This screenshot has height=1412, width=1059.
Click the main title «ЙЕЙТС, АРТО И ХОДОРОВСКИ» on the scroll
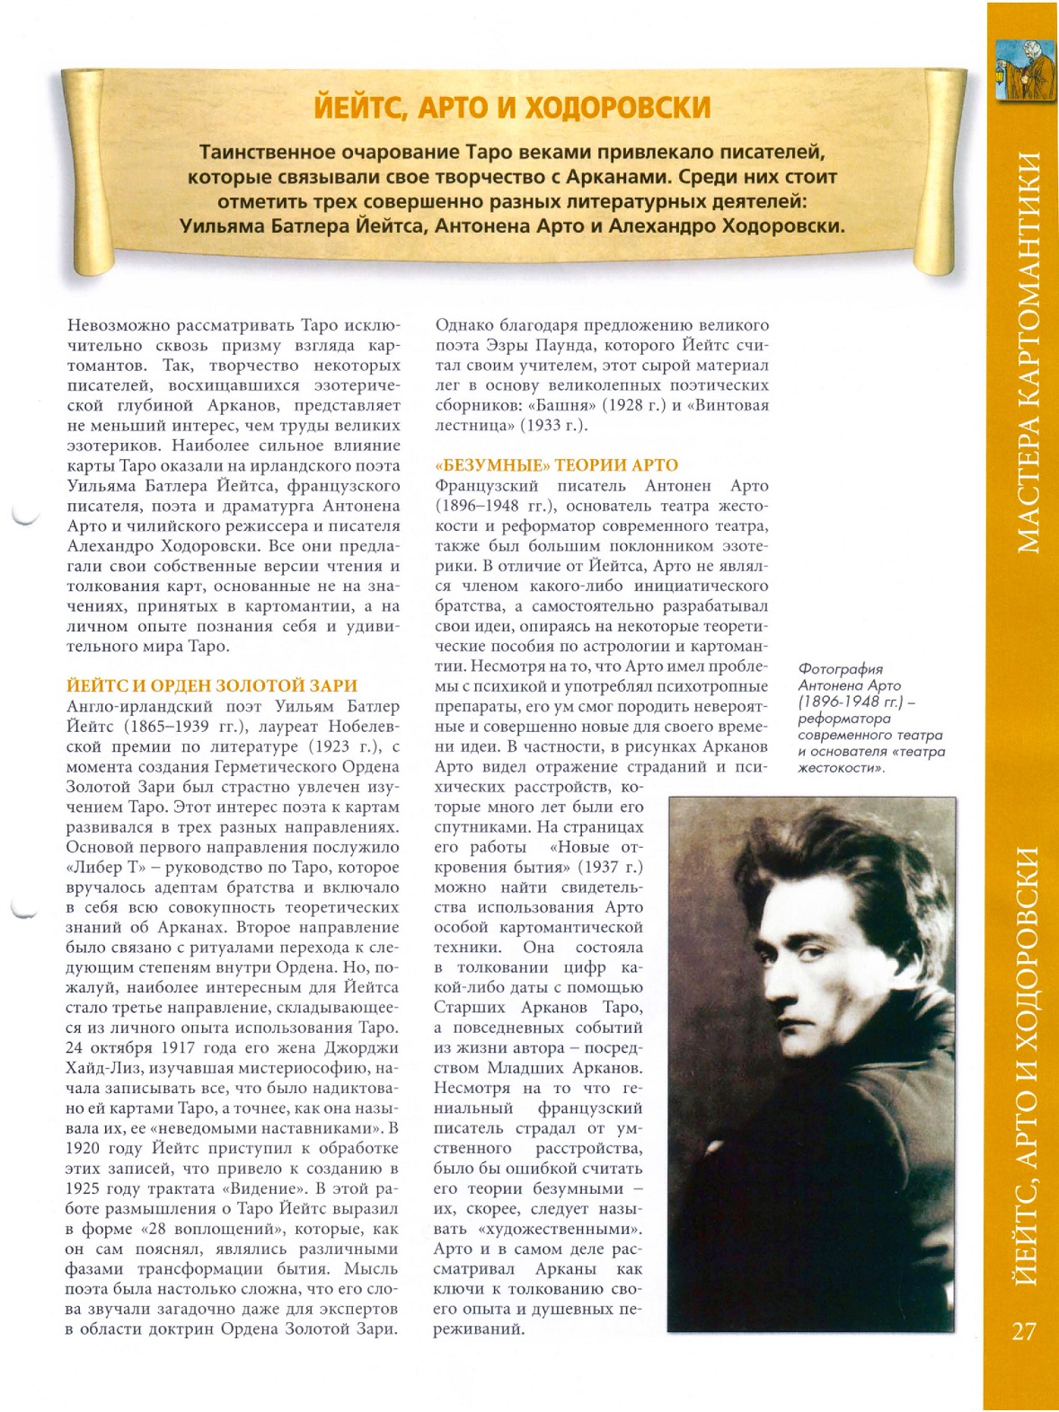pyautogui.click(x=512, y=107)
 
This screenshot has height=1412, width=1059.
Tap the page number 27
pyautogui.click(x=1023, y=1330)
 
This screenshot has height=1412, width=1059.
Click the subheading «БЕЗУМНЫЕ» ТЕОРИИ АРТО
pyautogui.click(x=556, y=465)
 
